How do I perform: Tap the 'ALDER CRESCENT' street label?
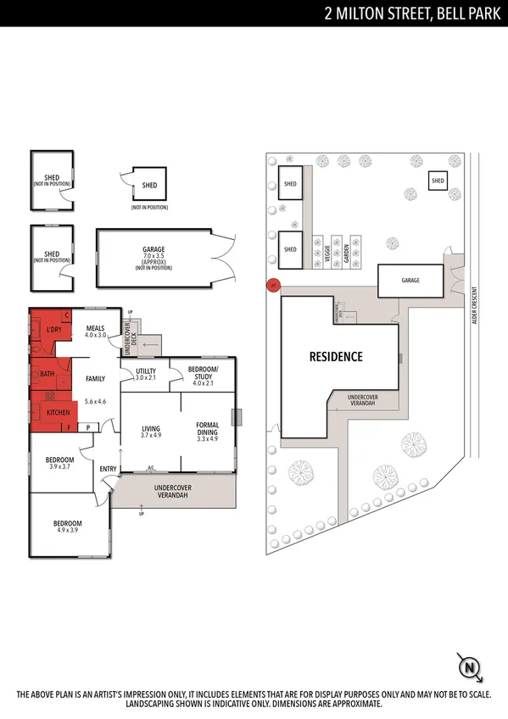click(476, 306)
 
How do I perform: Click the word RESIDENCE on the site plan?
click(336, 356)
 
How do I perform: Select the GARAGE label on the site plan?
click(410, 280)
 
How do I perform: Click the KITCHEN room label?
click(59, 411)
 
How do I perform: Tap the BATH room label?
click(47, 372)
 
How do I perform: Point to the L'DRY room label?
click(53, 329)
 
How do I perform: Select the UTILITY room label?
click(145, 371)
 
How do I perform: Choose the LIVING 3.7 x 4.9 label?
click(150, 429)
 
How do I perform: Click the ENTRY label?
click(108, 468)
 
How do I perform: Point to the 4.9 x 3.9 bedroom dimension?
click(69, 530)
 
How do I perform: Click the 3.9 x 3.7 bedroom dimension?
click(59, 466)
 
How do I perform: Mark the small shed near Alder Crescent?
click(437, 181)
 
